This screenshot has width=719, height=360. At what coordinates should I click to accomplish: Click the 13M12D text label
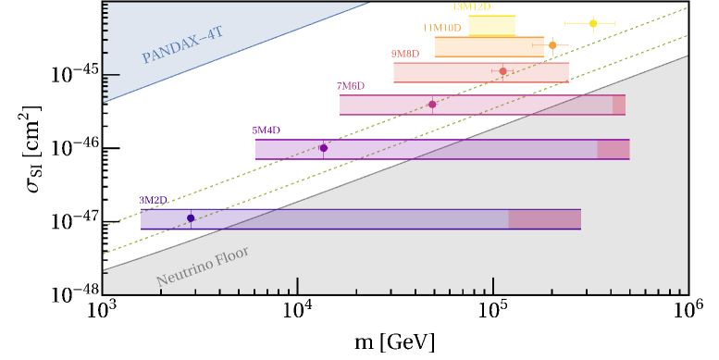(x=471, y=7)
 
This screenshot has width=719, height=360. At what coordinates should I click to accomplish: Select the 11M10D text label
(x=441, y=29)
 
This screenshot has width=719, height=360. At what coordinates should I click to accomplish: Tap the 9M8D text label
(x=404, y=55)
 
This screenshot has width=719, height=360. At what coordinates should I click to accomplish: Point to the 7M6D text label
(x=350, y=86)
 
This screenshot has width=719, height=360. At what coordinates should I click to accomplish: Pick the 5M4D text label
(x=266, y=130)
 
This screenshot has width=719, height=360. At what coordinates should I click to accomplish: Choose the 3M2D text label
(x=153, y=200)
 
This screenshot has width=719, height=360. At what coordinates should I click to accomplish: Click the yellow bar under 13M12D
(x=491, y=25)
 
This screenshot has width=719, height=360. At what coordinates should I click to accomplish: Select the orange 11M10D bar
(x=489, y=47)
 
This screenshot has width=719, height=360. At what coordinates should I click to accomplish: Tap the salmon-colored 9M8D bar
(x=480, y=72)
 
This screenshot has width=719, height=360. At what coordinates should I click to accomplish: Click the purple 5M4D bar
(x=426, y=149)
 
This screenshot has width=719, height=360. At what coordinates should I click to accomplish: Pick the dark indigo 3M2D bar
(x=324, y=219)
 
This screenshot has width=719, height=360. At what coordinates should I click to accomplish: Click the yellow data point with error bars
(x=593, y=23)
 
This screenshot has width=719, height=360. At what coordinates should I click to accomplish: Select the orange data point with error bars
(x=552, y=44)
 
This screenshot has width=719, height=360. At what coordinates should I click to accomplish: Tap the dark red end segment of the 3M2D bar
(x=544, y=219)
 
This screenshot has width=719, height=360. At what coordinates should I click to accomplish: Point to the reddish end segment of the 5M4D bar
(x=613, y=149)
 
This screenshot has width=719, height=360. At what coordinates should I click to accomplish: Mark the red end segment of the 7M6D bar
(x=618, y=105)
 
